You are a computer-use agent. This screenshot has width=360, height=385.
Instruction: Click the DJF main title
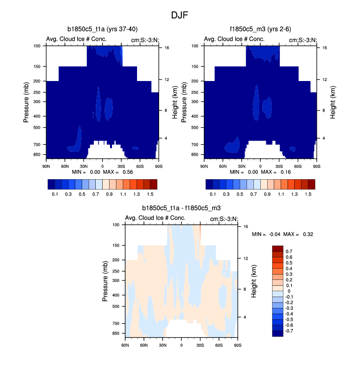180,15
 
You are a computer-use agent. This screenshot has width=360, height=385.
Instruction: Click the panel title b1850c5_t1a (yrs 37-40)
102,29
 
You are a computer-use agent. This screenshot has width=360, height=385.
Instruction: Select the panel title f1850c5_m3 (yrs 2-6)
260,29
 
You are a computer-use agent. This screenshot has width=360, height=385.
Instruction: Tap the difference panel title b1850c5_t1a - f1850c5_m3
181,208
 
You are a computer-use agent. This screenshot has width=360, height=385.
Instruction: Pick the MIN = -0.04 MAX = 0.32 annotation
282,234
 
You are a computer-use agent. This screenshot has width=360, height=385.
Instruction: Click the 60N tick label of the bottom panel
144,345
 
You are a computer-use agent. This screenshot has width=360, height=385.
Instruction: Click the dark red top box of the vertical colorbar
277,248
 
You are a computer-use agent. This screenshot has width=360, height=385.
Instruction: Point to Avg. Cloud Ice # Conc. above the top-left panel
76,39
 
